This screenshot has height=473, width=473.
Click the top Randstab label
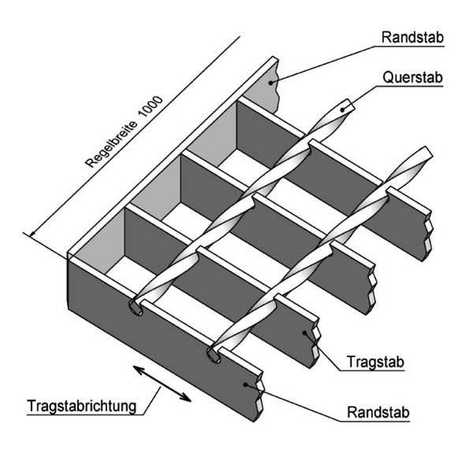click(412, 37)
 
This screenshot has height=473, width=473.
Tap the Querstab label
click(412, 77)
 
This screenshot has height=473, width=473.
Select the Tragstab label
click(375, 362)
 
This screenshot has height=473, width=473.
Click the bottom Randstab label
click(378, 412)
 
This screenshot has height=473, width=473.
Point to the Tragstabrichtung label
click(82, 406)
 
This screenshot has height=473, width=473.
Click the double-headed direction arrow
click(162, 383)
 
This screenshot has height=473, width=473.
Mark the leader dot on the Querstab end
click(342, 110)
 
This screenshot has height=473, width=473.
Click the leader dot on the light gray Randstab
click(271, 83)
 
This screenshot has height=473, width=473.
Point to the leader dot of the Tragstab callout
click(304, 333)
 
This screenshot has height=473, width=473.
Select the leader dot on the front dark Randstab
click(245, 385)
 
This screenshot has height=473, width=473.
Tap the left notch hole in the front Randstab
click(136, 307)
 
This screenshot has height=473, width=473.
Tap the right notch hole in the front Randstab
click(214, 355)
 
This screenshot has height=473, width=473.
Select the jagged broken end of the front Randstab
click(259, 397)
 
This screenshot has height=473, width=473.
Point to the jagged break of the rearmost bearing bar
click(428, 235)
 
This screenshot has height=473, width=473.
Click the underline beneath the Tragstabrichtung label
click(85, 415)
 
